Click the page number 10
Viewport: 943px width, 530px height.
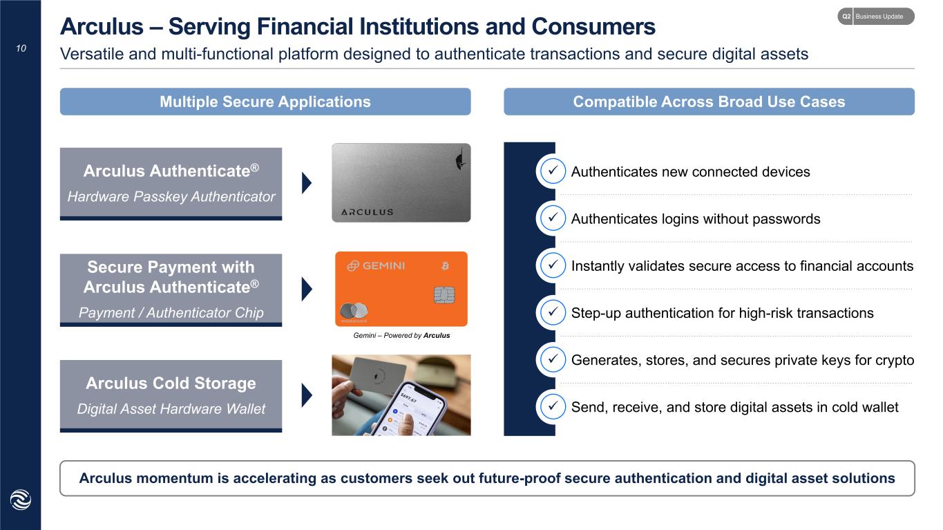point(21,48)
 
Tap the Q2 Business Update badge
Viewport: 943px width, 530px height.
point(876,17)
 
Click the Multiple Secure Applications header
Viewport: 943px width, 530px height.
point(265,102)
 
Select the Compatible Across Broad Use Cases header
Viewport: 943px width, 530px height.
point(709,102)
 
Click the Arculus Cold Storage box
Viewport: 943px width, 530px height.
point(171,396)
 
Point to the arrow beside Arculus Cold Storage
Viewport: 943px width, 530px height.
point(307,395)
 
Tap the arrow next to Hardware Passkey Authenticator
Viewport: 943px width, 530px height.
point(307,183)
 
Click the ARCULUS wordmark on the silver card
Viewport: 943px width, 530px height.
point(367,212)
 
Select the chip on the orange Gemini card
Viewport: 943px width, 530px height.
point(444,294)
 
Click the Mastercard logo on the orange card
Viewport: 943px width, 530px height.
point(354,311)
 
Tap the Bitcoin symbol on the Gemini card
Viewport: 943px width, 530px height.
point(445,266)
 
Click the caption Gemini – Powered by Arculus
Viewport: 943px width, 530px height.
point(401,336)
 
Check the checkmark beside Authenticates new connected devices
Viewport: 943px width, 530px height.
point(553,171)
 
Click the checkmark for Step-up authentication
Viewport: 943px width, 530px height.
point(553,312)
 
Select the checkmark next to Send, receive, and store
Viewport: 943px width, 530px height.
point(553,407)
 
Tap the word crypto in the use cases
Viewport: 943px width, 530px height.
point(895,361)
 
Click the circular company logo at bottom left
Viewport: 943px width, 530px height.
point(21,500)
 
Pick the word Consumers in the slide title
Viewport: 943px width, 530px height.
point(593,26)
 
